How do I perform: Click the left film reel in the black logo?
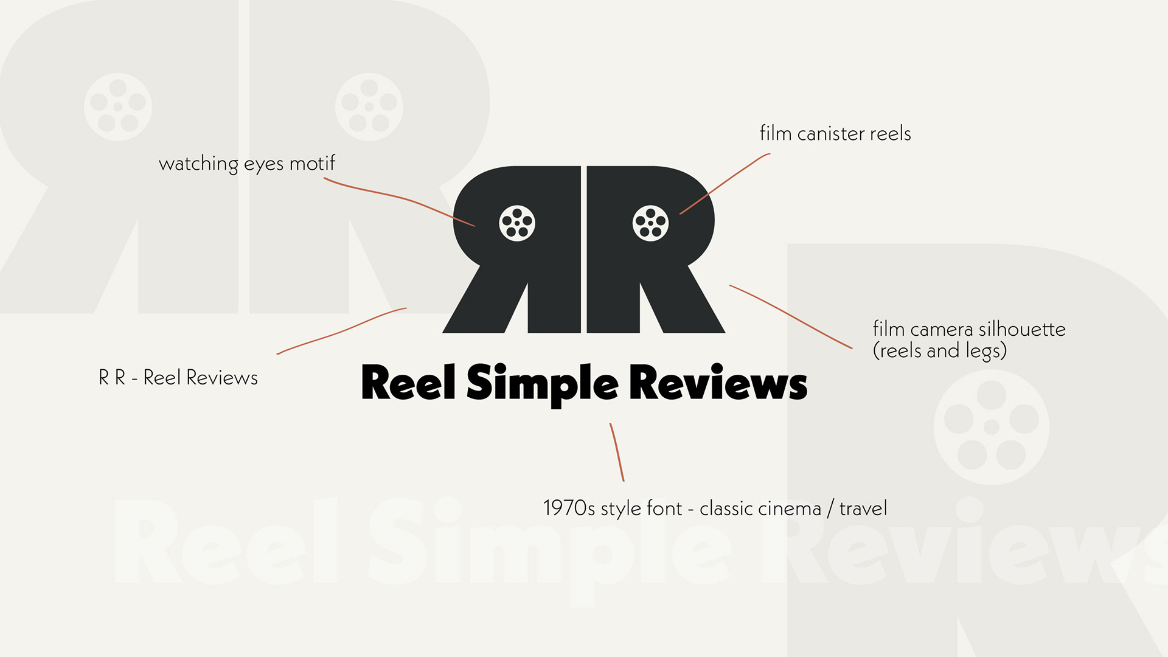(x=517, y=223)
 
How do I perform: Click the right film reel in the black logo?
(x=650, y=223)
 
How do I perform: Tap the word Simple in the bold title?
(x=542, y=383)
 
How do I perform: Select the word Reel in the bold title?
(x=408, y=383)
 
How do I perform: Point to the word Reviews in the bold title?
(x=718, y=383)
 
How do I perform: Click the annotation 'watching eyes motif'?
(x=246, y=164)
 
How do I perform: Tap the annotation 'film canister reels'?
(x=835, y=134)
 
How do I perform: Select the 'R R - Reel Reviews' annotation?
(x=178, y=378)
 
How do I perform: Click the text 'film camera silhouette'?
(x=969, y=329)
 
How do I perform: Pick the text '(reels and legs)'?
(x=940, y=351)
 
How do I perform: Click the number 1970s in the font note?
(x=569, y=509)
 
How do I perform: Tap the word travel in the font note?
(x=863, y=509)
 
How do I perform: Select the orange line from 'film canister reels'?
(x=724, y=182)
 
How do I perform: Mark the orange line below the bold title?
(x=617, y=451)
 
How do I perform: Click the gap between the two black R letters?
(x=584, y=249)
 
